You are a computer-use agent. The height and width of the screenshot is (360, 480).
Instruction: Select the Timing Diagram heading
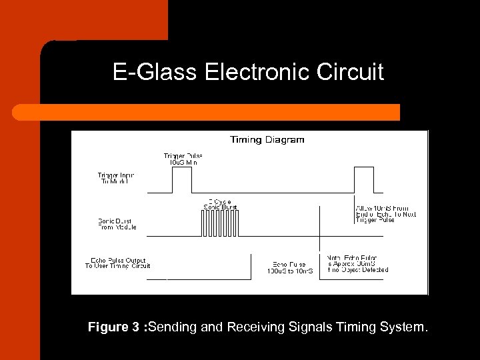[x=267, y=140]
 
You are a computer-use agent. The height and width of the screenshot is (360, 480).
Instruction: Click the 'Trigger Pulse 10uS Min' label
[x=183, y=159]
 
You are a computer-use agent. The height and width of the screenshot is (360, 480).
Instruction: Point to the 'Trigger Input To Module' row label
[x=116, y=179]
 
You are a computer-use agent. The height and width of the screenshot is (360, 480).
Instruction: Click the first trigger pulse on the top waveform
[x=182, y=180]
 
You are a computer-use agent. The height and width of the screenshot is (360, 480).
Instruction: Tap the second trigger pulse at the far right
[x=363, y=180]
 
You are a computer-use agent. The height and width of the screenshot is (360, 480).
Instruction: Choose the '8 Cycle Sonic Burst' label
[x=219, y=204]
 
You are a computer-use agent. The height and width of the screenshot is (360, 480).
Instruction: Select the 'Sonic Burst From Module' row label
[x=117, y=223]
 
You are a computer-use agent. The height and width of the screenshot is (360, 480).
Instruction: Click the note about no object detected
[x=357, y=263]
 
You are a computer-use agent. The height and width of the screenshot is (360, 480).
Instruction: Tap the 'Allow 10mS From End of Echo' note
[x=385, y=214]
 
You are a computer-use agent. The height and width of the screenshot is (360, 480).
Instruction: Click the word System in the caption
[x=404, y=327]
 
